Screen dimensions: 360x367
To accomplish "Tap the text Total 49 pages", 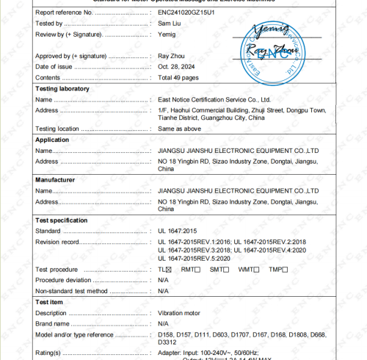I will point(179,77).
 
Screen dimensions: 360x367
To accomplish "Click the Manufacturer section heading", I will point(57,179).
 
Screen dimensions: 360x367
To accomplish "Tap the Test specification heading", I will point(62,220).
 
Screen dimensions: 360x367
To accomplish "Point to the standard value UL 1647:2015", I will point(178,230).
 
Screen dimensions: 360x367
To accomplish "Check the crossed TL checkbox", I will point(168,270).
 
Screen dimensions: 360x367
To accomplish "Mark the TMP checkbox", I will point(283,270).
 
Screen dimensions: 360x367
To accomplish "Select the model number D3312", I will point(167,342).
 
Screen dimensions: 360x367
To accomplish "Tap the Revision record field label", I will point(57,241).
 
